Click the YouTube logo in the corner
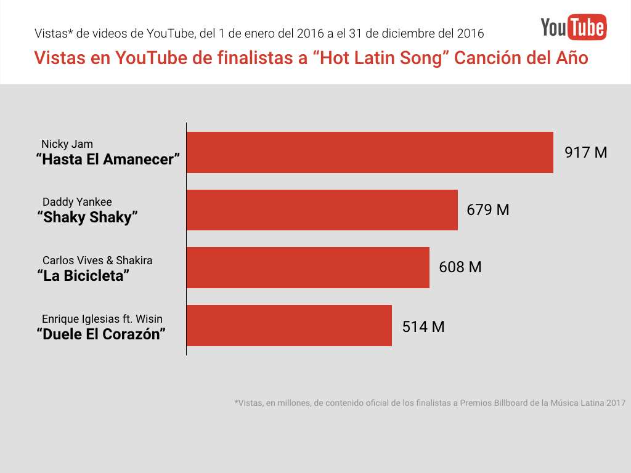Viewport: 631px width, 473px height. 573,27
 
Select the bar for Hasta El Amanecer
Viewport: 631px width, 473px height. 370,152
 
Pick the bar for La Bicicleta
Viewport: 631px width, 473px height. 307,267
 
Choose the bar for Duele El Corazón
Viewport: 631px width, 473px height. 289,325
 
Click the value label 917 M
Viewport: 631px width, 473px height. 585,152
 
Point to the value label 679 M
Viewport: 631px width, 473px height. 487,210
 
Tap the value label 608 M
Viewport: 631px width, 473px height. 460,267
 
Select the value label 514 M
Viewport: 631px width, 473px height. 423,326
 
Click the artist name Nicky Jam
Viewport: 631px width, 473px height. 67,145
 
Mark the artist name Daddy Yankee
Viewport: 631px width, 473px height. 77,202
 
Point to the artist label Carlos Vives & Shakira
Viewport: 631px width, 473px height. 97,261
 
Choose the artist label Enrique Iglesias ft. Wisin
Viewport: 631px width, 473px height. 102,319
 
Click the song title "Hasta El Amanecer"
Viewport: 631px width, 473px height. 108,160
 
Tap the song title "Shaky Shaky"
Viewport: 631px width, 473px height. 88,217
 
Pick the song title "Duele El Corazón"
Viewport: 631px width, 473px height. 102,334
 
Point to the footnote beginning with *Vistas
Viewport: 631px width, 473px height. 429,403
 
